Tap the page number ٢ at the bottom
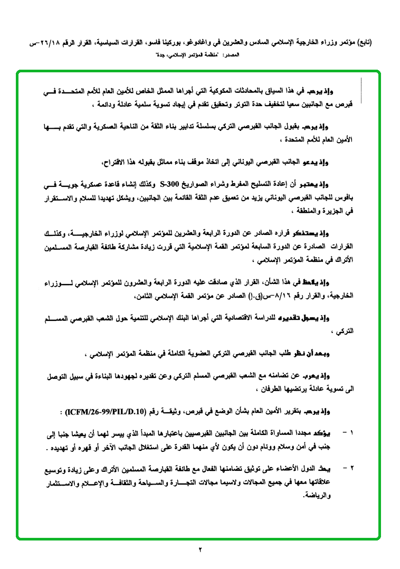tap(201, 551)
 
